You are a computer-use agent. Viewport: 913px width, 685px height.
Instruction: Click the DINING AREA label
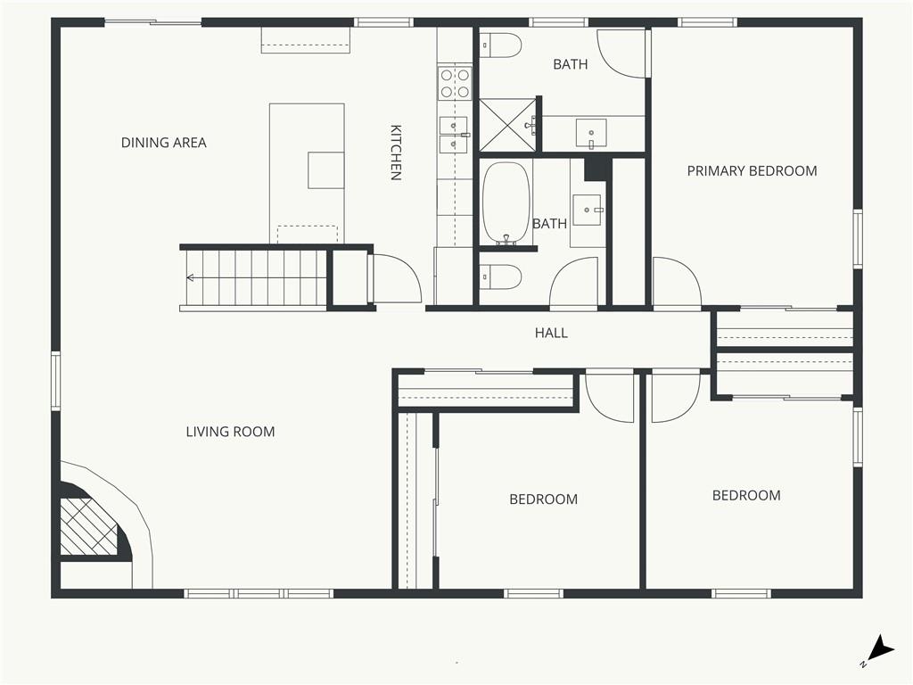[x=164, y=143]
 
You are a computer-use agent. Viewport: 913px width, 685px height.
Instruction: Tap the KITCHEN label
[x=396, y=153]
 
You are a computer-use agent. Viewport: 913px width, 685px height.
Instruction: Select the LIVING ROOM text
[x=230, y=432]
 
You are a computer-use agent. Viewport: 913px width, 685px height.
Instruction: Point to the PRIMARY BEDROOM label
[x=752, y=170]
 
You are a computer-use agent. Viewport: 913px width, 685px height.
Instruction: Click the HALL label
[x=551, y=333]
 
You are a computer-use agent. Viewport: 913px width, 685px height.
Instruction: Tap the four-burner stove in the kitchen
[x=455, y=83]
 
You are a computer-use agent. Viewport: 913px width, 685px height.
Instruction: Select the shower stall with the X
[x=506, y=125]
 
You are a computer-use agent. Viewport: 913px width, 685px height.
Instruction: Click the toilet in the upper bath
[x=500, y=45]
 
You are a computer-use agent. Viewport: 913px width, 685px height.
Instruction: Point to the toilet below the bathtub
[x=500, y=276]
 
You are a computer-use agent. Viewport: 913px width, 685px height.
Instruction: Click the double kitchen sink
[x=454, y=135]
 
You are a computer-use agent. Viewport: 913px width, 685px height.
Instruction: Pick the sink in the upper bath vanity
[x=591, y=133]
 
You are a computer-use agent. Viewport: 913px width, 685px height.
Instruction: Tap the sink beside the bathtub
[x=588, y=210]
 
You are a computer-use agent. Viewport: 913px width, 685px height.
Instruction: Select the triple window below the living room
[x=259, y=593]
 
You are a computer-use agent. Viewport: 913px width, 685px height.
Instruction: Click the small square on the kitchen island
[x=325, y=170]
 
